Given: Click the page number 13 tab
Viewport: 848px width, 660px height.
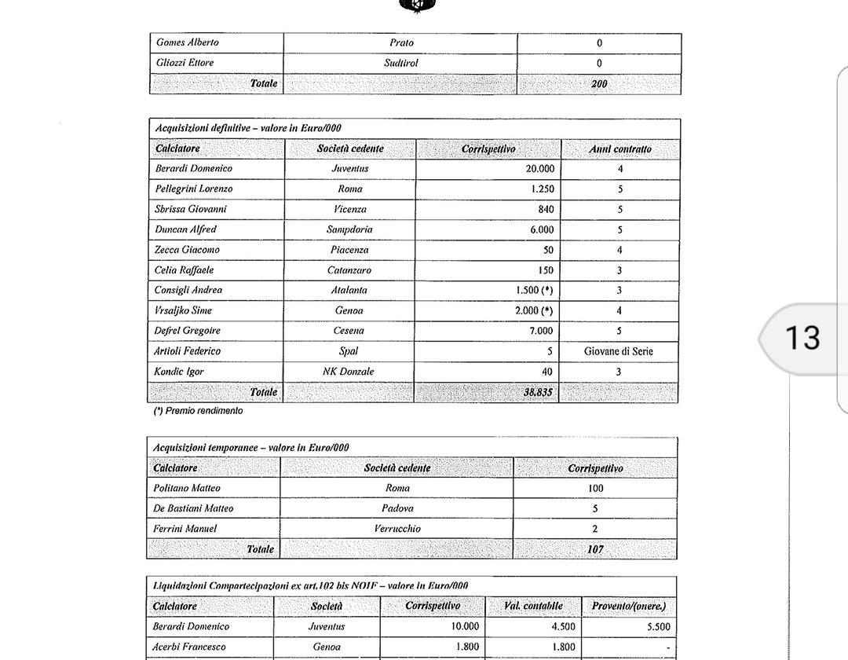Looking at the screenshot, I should (x=802, y=338).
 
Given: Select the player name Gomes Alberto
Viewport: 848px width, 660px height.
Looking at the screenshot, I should (x=188, y=42).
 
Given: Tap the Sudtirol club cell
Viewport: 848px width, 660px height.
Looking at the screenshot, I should (x=400, y=63).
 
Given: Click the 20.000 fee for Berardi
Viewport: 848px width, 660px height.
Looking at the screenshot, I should (x=539, y=168).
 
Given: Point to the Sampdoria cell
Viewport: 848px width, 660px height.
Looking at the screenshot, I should (x=349, y=229).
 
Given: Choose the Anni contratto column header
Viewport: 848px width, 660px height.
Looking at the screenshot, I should (x=620, y=148).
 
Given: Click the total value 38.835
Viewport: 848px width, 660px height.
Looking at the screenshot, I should (x=538, y=392).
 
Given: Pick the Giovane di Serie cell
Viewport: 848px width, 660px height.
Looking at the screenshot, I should (x=619, y=351).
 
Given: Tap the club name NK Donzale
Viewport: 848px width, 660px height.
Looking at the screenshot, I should (x=348, y=372).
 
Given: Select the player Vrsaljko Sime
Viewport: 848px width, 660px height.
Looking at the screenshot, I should (x=183, y=310).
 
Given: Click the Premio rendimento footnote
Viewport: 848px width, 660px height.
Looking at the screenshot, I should (x=198, y=411).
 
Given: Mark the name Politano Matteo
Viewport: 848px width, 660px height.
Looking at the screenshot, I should (x=187, y=488).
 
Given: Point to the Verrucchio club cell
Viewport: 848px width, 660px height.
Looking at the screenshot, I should (x=397, y=529).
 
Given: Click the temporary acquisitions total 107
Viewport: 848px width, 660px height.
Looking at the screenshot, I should (x=595, y=549).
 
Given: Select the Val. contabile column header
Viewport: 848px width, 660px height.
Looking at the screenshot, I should (x=533, y=606).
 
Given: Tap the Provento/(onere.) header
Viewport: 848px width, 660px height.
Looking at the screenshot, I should (x=628, y=606).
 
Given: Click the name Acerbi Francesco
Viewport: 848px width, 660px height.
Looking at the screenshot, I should (x=189, y=647).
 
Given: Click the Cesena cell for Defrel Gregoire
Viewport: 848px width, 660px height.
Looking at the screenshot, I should (x=349, y=331).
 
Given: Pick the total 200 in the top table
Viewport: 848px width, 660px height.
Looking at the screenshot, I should (x=599, y=84).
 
